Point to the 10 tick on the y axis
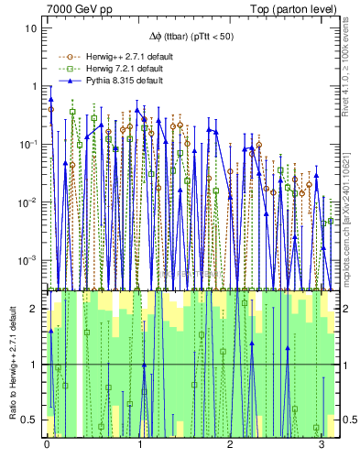tap(31, 27)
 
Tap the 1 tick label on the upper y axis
tap(34, 86)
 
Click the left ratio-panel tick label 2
tap(35, 309)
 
